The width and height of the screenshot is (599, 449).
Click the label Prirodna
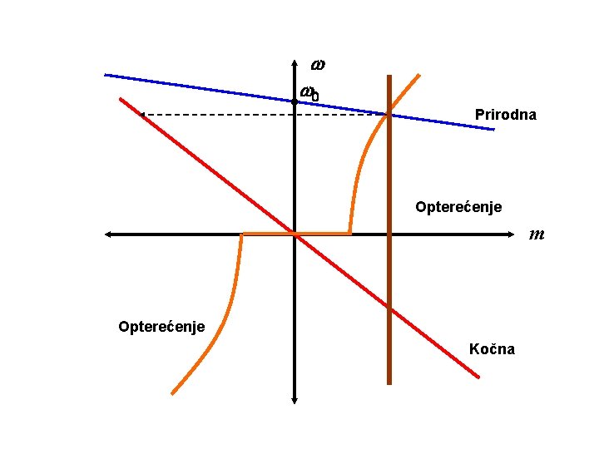(x=506, y=115)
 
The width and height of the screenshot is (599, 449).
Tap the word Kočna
(x=492, y=348)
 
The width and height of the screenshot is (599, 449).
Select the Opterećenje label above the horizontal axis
(x=458, y=206)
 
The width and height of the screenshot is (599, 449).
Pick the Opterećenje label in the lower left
(x=161, y=325)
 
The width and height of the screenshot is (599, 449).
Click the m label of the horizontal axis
(x=537, y=234)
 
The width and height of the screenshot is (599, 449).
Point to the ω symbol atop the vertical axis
(x=318, y=64)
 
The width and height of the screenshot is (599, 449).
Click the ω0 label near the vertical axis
(x=309, y=93)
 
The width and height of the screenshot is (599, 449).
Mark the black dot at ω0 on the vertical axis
(x=295, y=101)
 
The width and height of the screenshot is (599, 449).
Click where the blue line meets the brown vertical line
(x=389, y=114)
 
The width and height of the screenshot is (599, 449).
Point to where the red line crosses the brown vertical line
(x=389, y=308)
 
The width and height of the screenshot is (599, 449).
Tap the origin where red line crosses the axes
(x=295, y=234)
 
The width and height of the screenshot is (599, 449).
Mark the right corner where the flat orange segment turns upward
(x=349, y=234)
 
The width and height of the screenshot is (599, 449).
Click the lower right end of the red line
(x=478, y=377)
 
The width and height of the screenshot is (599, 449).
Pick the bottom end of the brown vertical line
(x=389, y=383)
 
